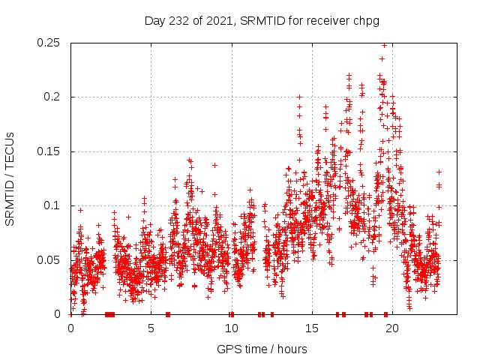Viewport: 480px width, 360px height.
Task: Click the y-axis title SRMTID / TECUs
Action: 10,178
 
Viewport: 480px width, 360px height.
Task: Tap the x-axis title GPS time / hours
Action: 261,349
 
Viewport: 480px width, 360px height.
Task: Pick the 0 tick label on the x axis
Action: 70,328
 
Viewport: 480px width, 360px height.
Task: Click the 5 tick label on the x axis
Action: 151,328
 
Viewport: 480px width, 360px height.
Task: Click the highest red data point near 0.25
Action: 385,45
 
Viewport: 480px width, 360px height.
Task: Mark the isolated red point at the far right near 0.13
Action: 439,172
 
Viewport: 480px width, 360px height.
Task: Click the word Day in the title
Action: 154,20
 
